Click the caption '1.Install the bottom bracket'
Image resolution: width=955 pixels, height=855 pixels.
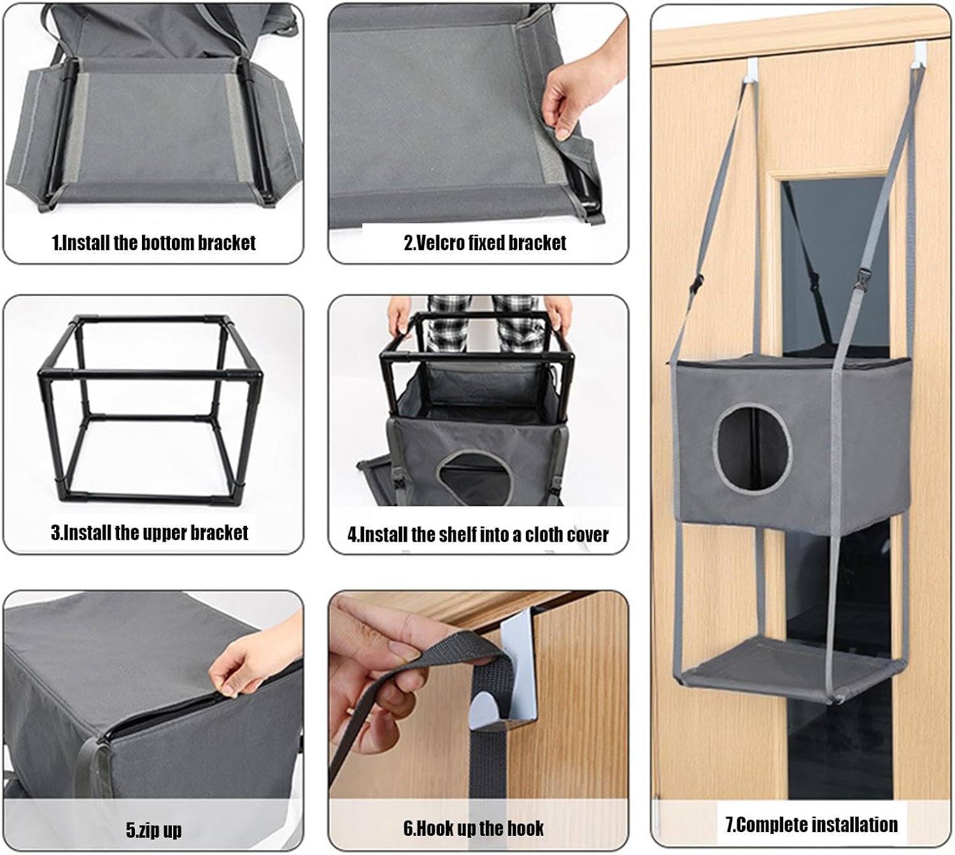tap(153, 243)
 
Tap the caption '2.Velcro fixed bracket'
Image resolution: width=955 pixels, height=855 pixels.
tap(485, 243)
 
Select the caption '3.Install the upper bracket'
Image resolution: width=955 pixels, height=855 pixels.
tap(150, 532)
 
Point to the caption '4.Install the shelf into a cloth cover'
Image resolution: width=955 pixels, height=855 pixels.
tap(478, 534)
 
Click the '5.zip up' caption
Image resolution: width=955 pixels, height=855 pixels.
tap(153, 830)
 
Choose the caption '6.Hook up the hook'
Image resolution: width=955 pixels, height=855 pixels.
tap(474, 828)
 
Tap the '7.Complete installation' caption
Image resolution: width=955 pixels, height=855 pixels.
tap(812, 824)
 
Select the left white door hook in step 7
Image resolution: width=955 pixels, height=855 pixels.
tap(753, 69)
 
